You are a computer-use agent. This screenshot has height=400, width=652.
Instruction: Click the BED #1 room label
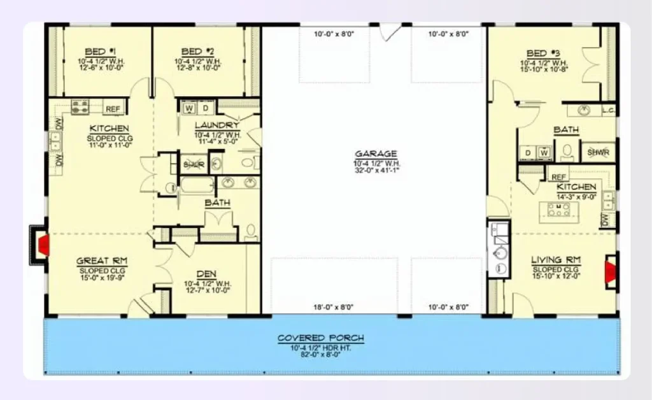(x=99, y=52)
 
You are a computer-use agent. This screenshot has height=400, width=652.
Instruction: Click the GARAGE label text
(x=376, y=154)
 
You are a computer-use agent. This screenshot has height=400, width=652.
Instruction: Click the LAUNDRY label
(x=216, y=125)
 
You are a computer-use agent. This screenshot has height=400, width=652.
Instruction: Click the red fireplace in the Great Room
(x=43, y=245)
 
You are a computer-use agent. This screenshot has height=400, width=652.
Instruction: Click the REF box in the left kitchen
(x=113, y=109)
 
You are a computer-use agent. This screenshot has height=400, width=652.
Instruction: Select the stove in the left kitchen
(x=80, y=107)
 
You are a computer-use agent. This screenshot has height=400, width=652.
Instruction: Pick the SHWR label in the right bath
(x=597, y=152)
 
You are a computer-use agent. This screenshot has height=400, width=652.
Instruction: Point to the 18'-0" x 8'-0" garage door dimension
(x=334, y=307)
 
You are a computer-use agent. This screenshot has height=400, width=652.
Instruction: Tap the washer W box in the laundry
(x=189, y=108)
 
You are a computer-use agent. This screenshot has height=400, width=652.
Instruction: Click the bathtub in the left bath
(x=197, y=185)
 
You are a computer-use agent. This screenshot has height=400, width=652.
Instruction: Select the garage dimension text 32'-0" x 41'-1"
(x=376, y=170)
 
